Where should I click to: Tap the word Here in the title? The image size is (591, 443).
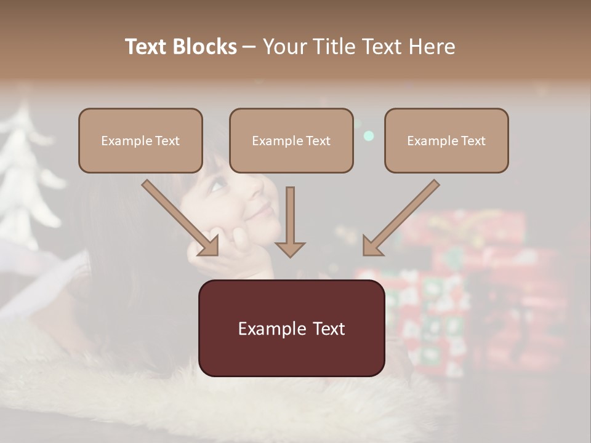(432, 47)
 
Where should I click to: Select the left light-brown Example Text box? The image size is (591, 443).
(140, 141)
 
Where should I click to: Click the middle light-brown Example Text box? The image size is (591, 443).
(291, 141)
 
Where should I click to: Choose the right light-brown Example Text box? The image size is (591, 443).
(446, 141)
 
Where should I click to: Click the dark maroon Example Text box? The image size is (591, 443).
(291, 329)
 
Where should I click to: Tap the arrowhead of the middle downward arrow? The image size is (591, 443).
(290, 249)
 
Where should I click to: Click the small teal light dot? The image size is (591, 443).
(368, 136)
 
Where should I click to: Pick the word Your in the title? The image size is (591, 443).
(286, 47)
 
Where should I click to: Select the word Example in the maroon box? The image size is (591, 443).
(268, 329)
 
